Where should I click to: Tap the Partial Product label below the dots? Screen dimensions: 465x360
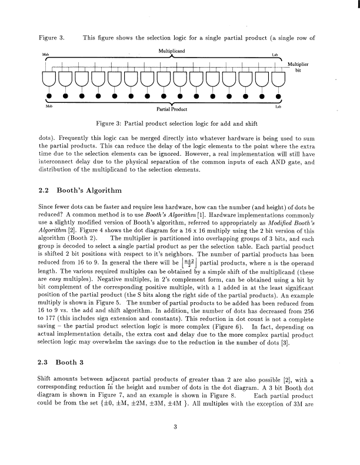[171, 109]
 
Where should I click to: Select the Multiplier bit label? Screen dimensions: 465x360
[301, 66]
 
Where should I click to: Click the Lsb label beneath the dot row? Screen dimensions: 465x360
[278, 106]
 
